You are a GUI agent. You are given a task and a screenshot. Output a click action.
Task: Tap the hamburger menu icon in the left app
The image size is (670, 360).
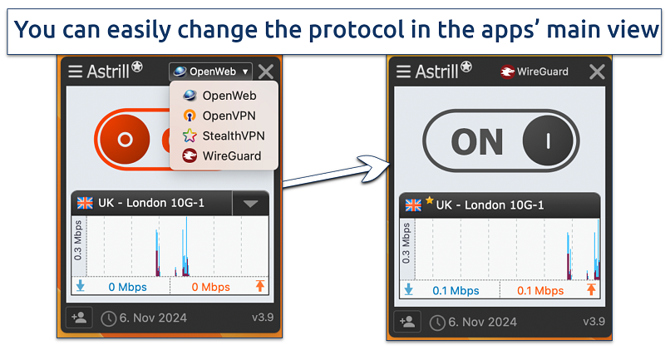tap(76, 72)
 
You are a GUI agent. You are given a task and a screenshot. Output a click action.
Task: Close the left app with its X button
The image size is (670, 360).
tap(266, 72)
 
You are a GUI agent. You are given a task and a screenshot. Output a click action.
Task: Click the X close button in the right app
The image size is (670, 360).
tap(596, 72)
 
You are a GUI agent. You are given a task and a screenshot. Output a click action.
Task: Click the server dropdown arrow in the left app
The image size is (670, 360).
tap(250, 203)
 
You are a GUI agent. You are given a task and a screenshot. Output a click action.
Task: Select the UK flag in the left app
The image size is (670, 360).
tap(85, 203)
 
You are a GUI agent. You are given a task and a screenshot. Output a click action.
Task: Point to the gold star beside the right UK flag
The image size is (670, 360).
tap(429, 200)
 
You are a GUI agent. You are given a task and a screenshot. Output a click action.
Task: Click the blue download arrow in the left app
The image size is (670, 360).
tap(81, 287)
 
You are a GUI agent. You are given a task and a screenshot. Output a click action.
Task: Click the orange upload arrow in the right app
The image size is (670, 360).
tap(591, 290)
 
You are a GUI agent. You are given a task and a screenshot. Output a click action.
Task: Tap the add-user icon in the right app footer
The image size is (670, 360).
tap(407, 322)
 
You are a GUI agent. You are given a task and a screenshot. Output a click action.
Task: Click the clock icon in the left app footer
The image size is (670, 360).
tap(109, 318)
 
